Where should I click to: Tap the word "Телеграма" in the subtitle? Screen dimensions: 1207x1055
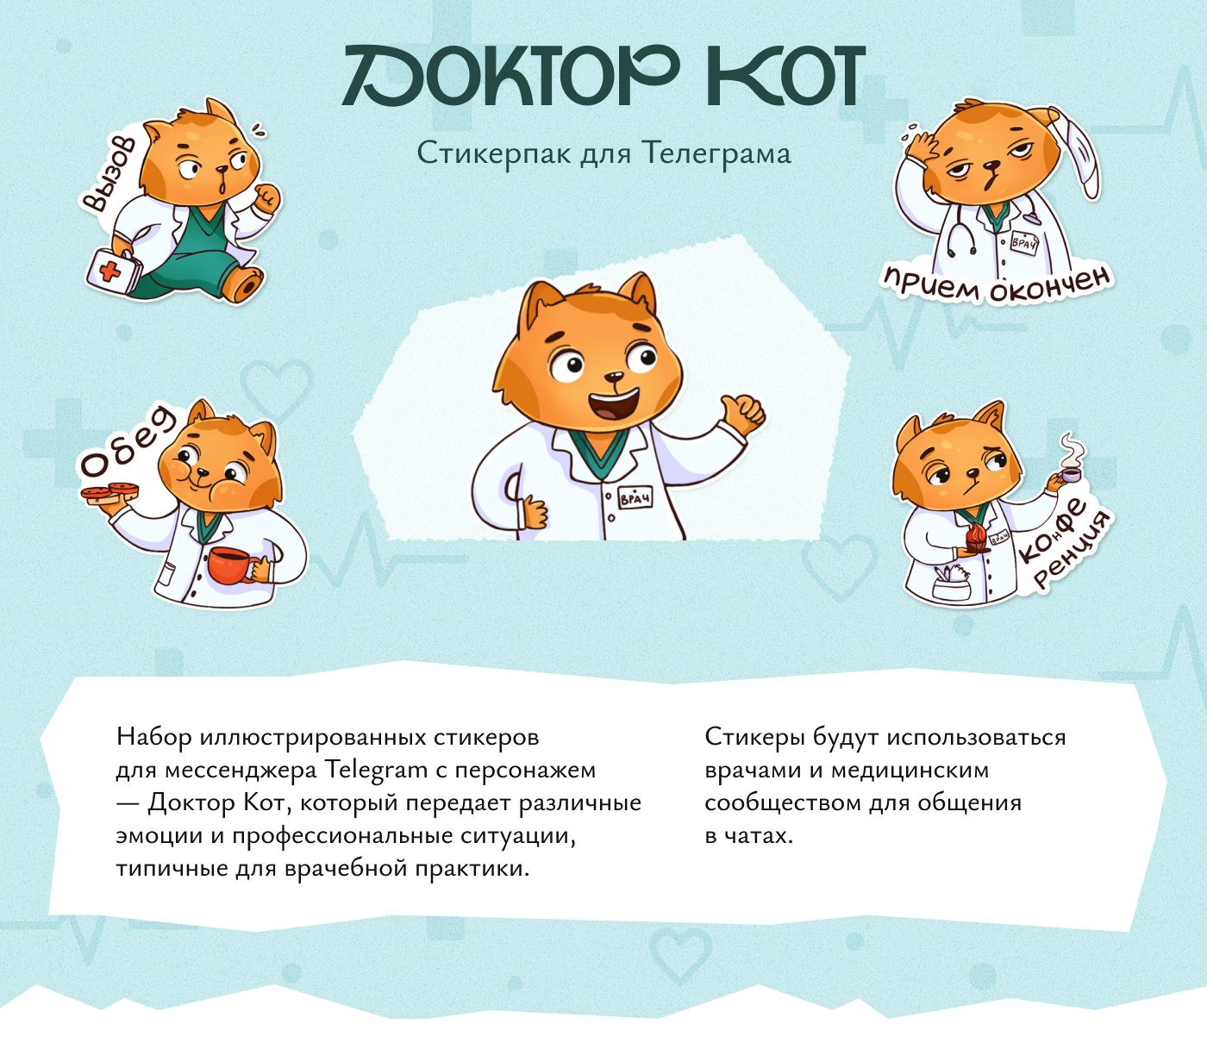[716, 154]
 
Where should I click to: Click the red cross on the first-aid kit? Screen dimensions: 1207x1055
[110, 272]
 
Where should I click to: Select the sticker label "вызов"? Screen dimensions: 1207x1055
[108, 175]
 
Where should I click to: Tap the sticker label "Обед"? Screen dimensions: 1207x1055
[126, 441]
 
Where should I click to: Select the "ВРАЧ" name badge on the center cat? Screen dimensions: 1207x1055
[635, 499]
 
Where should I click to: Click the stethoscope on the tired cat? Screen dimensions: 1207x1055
[960, 230]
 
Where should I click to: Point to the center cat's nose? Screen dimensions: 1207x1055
[614, 377]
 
